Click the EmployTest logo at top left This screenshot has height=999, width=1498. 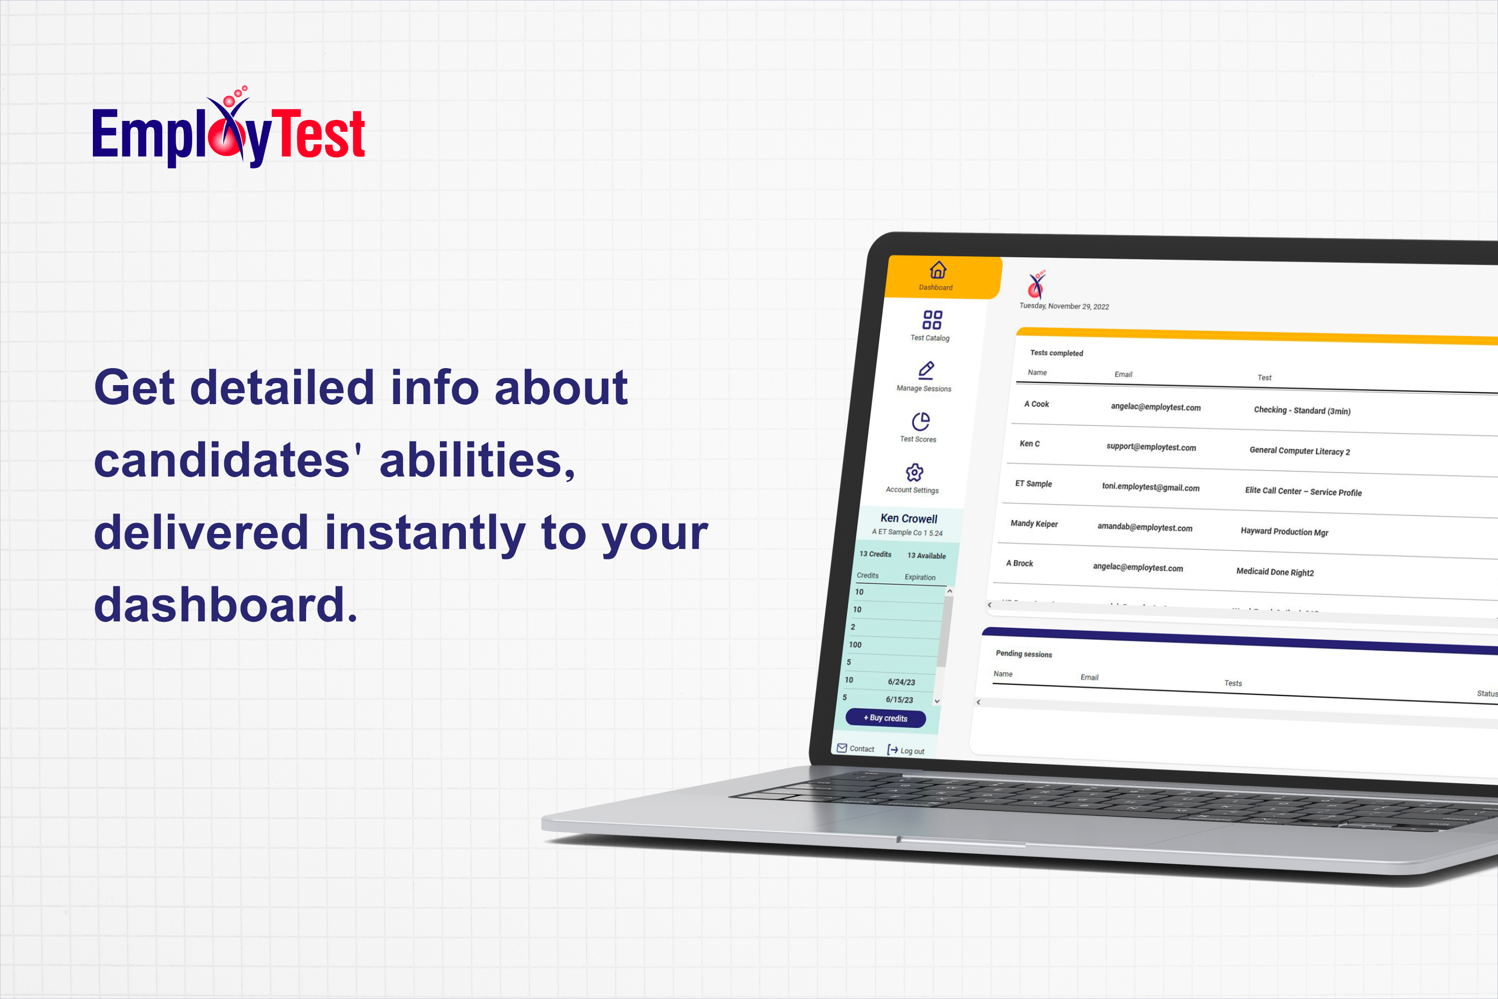point(228,130)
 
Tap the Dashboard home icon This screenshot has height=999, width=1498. point(938,270)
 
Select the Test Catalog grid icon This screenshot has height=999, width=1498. point(932,319)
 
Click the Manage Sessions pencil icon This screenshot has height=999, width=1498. point(926,370)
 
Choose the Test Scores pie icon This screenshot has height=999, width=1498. point(920,421)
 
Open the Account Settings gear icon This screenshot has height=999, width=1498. point(915,472)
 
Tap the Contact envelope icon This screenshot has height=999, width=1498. point(842,748)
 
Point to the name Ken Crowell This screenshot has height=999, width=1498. point(909,518)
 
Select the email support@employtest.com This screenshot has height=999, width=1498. point(1151,447)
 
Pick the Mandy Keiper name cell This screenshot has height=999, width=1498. point(1034,523)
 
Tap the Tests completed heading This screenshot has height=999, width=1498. point(1056,353)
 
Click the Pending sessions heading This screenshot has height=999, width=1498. point(1024,654)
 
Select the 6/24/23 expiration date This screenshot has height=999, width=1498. point(901,682)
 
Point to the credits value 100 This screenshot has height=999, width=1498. point(855,645)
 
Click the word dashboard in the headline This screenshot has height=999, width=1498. point(226,604)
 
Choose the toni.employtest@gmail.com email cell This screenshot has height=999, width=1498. point(1150,488)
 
